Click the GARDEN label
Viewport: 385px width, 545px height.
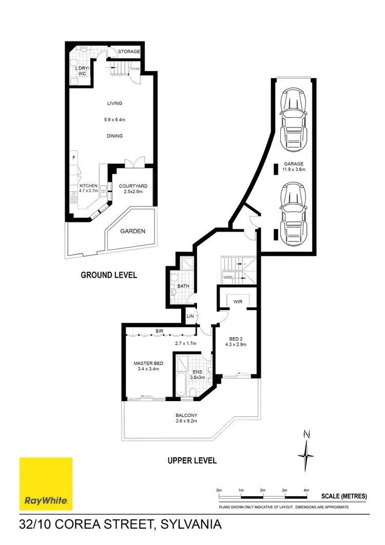133,231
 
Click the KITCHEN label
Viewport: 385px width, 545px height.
88,186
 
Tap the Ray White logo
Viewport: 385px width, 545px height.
46,483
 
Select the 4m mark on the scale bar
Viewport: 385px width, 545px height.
306,491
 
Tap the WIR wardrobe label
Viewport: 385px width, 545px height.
237,302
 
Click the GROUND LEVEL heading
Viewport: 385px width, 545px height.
109,275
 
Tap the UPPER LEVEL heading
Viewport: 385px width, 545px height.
192,460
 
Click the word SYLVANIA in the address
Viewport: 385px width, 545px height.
191,525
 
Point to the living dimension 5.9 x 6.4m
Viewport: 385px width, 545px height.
114,120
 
